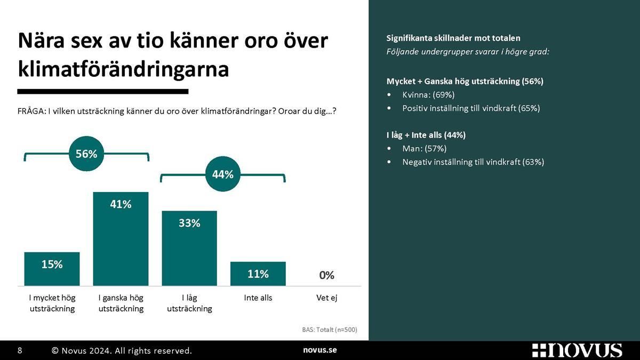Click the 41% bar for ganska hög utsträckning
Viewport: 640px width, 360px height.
click(x=121, y=238)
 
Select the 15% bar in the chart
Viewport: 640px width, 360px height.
click(x=52, y=269)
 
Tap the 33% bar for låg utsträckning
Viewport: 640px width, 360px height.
click(x=189, y=249)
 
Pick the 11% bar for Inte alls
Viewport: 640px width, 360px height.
click(x=258, y=274)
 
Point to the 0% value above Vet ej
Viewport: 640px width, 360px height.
click(x=326, y=275)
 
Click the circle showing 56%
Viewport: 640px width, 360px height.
click(x=86, y=154)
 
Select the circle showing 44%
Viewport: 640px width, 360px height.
click(x=223, y=174)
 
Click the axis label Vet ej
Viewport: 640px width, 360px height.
click(x=326, y=298)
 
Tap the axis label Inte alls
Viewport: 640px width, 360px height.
click(x=258, y=298)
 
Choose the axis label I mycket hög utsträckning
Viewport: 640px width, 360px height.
click(x=52, y=303)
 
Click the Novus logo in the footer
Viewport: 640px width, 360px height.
click(x=577, y=350)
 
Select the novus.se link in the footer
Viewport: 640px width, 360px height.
click(x=319, y=350)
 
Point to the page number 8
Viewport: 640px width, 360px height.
click(x=20, y=350)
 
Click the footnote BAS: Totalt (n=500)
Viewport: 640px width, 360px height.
click(x=330, y=330)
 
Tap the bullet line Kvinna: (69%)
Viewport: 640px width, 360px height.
click(x=428, y=94)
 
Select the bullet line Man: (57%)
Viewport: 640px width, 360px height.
click(x=425, y=149)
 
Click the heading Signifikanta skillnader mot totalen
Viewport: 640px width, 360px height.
click(x=453, y=38)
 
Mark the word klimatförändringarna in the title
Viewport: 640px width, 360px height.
click(x=123, y=69)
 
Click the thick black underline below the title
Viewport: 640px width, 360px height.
click(x=103, y=91)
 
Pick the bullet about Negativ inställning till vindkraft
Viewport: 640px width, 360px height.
click(x=473, y=162)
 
